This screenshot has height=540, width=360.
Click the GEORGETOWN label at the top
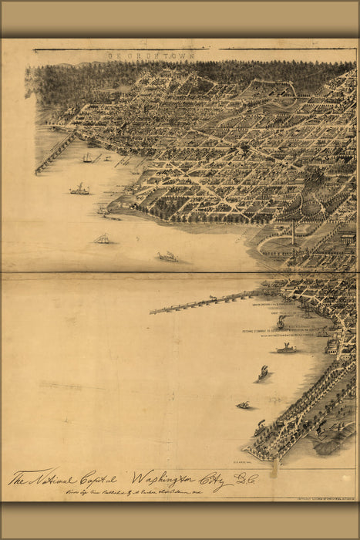tap(151, 56)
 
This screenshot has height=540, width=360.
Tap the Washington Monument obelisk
tap(292, 231)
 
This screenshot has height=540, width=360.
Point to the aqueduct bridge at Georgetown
tap(56, 152)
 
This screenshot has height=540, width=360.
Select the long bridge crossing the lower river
tap(204, 302)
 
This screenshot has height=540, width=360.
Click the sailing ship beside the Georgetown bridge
tap(88, 158)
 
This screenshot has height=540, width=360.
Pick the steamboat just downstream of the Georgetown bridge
tap(79, 189)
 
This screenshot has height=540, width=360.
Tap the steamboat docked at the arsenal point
tap(259, 427)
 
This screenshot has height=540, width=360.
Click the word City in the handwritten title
tap(214, 479)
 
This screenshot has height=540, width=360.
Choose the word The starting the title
tap(19, 478)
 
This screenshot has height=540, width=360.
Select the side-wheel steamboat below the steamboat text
tap(286, 349)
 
